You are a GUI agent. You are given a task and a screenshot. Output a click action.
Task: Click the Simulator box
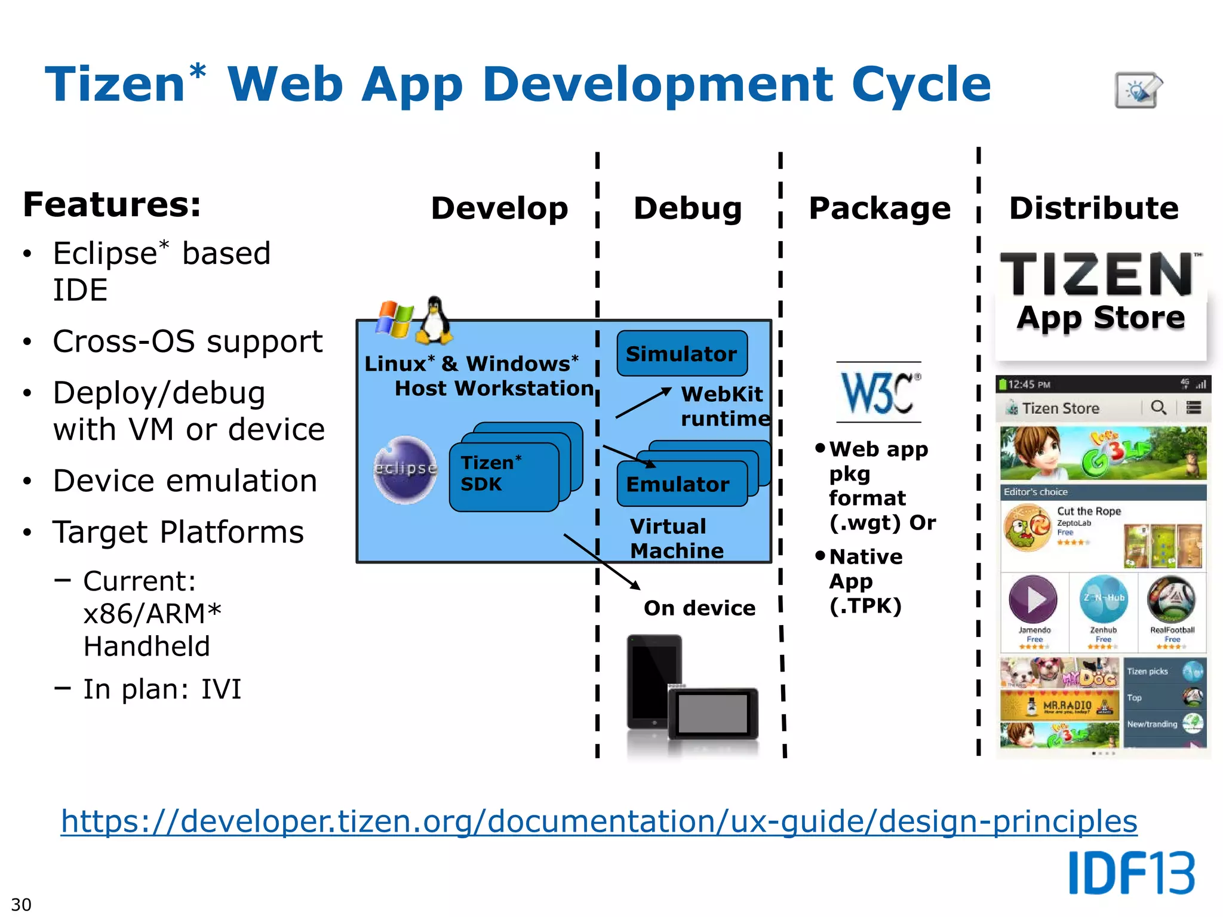pyautogui.click(x=681, y=353)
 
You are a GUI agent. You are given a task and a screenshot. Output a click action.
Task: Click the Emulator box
pyautogui.click(x=681, y=484)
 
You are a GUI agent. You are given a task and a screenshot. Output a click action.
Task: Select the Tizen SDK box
pyautogui.click(x=503, y=476)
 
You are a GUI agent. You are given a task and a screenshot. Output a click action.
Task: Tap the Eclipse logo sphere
pyautogui.click(x=405, y=469)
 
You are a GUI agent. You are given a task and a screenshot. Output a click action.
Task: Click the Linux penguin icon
pyautogui.click(x=434, y=321)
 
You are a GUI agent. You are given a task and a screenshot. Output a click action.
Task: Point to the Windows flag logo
pyautogui.click(x=395, y=319)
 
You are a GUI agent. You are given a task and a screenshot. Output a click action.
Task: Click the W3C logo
pyautogui.click(x=878, y=392)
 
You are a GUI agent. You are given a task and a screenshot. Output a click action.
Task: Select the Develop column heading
pyautogui.click(x=499, y=208)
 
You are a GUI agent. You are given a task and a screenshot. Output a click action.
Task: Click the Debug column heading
pyautogui.click(x=687, y=208)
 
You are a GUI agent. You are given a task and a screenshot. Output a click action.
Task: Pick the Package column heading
pyautogui.click(x=879, y=208)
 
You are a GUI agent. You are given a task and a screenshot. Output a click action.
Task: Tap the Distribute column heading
pyautogui.click(x=1093, y=208)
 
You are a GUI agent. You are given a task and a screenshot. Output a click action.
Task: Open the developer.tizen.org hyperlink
pyautogui.click(x=598, y=821)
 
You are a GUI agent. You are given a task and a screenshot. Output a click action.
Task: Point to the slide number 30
pyautogui.click(x=21, y=904)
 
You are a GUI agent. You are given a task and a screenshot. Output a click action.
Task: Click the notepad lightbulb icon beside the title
pyautogui.click(x=1138, y=90)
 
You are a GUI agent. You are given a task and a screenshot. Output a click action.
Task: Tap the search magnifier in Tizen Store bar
pyautogui.click(x=1158, y=408)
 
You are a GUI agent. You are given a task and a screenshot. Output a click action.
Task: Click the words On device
pyautogui.click(x=699, y=608)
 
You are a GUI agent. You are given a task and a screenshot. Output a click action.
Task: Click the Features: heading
pyautogui.click(x=112, y=204)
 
